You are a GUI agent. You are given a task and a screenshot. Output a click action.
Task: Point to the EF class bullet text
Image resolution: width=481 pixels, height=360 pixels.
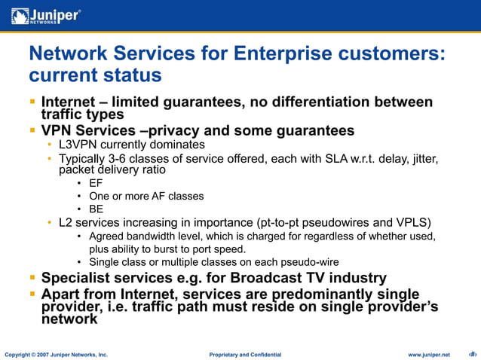[x=96, y=183]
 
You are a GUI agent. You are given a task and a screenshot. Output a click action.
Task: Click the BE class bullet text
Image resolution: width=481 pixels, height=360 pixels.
[x=96, y=209]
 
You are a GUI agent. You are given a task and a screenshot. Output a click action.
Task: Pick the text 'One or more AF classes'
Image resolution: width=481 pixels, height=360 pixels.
[x=146, y=196]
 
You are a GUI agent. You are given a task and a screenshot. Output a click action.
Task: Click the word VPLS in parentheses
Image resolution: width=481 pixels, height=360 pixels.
[x=410, y=223]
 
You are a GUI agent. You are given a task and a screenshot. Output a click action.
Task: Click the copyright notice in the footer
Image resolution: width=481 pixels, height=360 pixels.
[x=57, y=354]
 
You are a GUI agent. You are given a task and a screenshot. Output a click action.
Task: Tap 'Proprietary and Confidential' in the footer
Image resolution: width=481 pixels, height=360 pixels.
[x=245, y=354]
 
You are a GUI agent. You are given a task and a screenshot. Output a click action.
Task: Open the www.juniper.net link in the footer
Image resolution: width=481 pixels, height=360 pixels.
[x=428, y=354]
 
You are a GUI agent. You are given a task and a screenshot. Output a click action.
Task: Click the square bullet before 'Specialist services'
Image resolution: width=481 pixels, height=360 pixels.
[x=32, y=277]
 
